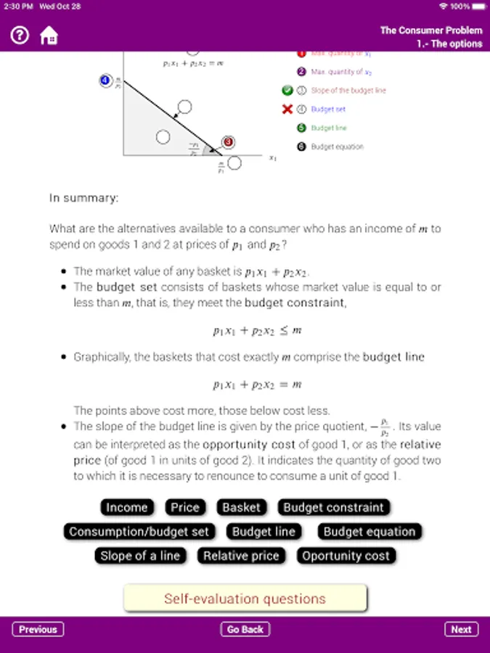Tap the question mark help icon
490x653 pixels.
tap(20, 35)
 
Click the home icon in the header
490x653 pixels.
tap(49, 35)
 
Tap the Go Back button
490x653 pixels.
tap(245, 629)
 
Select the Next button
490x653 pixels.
tap(461, 629)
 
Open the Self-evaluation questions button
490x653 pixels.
tap(245, 599)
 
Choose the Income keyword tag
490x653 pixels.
tap(127, 507)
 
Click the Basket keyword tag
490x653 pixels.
tap(241, 507)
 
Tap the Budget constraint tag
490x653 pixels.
tap(333, 507)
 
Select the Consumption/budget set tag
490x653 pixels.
tap(139, 532)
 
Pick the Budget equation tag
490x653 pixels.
tap(369, 532)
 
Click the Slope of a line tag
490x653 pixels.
tap(140, 556)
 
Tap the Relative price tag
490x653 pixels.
tap(241, 556)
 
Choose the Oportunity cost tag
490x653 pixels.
tap(346, 556)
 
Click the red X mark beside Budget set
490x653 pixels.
tap(287, 110)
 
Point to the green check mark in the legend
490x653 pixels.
tap(287, 91)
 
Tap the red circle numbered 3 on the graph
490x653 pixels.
tap(227, 142)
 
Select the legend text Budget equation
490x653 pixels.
tap(337, 147)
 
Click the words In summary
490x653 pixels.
tap(84, 197)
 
